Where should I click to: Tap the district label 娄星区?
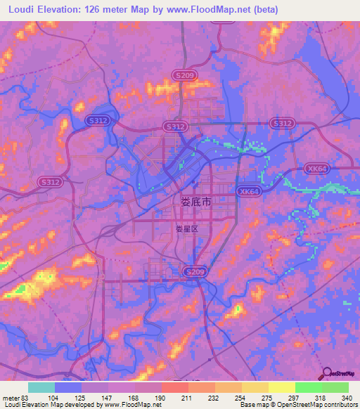(x=188, y=229)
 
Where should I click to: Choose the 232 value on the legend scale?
(x=212, y=397)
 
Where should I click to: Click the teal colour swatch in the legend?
(x=41, y=387)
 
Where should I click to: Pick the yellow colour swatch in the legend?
(x=281, y=387)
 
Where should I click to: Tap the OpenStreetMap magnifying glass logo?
(x=326, y=375)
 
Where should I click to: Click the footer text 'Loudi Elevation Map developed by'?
(x=51, y=405)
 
